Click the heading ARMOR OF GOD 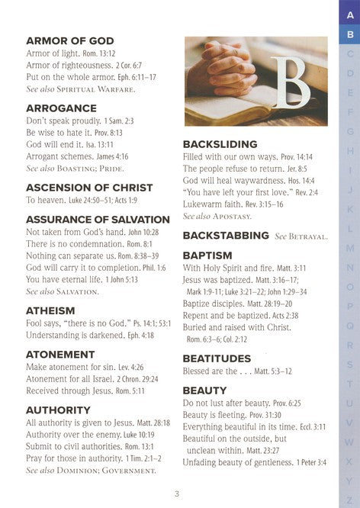(69, 40)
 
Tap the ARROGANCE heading (61, 108)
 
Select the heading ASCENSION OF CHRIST (89, 187)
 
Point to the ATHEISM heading (50, 310)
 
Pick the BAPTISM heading (208, 256)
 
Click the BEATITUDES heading (217, 358)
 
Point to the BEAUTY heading (204, 391)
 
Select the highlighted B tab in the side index (349, 34)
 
